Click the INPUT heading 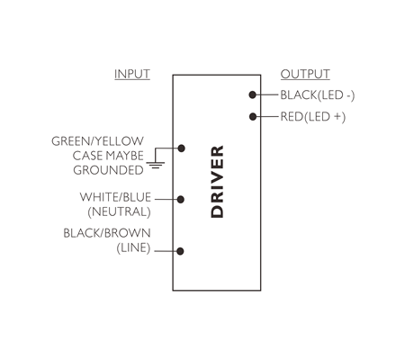click(132, 74)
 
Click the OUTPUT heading click(305, 74)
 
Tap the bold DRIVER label click(217, 182)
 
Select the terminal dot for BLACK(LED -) click(253, 94)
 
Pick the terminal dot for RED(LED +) click(253, 116)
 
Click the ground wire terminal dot click(181, 148)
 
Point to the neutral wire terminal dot click(181, 199)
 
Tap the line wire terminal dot click(180, 251)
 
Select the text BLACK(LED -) click(318, 95)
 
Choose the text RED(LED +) click(313, 117)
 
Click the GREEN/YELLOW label click(97, 141)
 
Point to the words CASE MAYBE click(108, 156)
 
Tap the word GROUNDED click(108, 170)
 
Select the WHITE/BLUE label click(115, 197)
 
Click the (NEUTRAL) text click(119, 211)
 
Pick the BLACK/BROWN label click(107, 233)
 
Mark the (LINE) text click(133, 247)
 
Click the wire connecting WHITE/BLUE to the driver click(166, 199)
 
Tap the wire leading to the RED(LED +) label click(267, 116)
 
